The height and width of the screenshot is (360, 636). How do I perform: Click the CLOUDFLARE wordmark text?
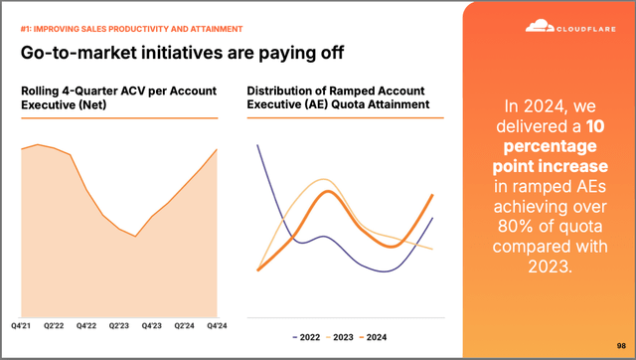pyautogui.click(x=582, y=29)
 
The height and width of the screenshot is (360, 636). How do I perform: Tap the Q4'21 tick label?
pyautogui.click(x=23, y=324)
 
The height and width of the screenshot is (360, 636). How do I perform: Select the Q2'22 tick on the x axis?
pyautogui.click(x=55, y=324)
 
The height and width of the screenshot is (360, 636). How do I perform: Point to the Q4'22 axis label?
pyautogui.click(x=87, y=324)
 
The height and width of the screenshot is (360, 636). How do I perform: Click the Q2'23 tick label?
pyautogui.click(x=120, y=324)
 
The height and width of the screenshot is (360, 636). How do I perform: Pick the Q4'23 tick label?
pyautogui.click(x=152, y=324)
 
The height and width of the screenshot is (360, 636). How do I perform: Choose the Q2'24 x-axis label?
pyautogui.click(x=185, y=324)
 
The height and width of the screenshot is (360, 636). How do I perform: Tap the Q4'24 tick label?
pyautogui.click(x=217, y=324)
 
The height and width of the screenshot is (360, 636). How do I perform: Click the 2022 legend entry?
pyautogui.click(x=306, y=337)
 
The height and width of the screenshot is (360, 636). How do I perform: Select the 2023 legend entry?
pyautogui.click(x=342, y=337)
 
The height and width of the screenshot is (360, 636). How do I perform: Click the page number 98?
pyautogui.click(x=621, y=345)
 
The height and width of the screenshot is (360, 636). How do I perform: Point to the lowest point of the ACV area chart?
pyautogui.click(x=136, y=237)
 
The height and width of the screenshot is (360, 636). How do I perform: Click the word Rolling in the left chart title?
pyautogui.click(x=42, y=91)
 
